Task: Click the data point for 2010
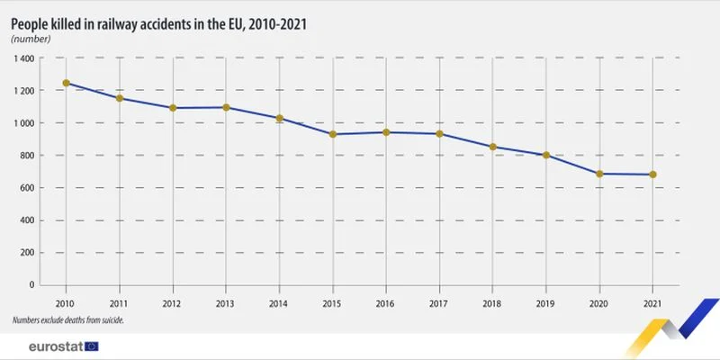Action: pos(66,83)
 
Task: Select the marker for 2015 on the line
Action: pos(332,134)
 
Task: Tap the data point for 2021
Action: pos(652,175)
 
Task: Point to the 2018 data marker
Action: pos(492,147)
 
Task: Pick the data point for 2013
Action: pos(226,107)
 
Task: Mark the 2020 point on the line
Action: pos(599,174)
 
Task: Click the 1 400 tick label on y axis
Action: pos(24,58)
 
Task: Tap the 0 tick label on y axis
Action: pos(31,285)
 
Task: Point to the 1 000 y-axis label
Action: pos(24,123)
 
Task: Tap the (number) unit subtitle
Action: pos(31,39)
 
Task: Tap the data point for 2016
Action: pos(386,132)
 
